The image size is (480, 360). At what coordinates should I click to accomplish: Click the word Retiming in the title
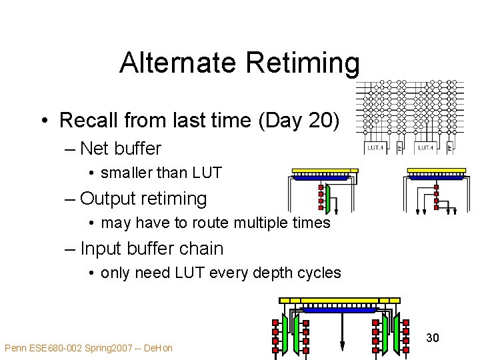(x=303, y=63)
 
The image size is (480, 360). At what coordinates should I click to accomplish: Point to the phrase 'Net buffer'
(x=121, y=148)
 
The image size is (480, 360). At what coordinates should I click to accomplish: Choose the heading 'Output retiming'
(x=143, y=198)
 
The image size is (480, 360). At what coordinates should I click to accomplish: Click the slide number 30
(x=432, y=338)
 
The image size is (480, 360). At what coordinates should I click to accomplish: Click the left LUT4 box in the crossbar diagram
(x=375, y=147)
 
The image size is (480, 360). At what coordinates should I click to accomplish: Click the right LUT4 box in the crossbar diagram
(x=425, y=147)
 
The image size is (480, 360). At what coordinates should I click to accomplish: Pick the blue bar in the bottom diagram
(x=339, y=309)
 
